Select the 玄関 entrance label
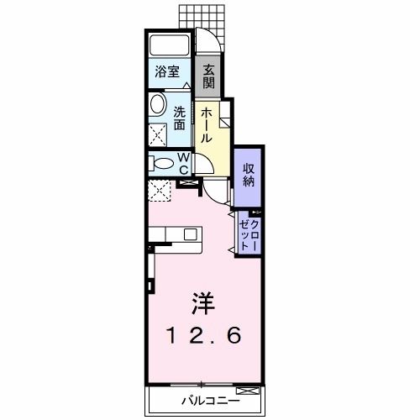click(208, 76)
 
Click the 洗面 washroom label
click(181, 117)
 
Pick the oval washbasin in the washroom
click(158, 106)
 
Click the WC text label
click(184, 163)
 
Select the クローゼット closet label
click(249, 232)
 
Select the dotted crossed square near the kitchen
click(160, 192)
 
